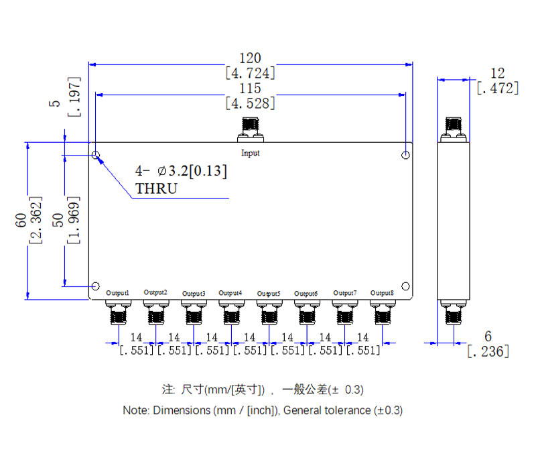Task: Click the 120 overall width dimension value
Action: [x=250, y=58]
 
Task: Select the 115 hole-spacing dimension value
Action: [x=250, y=89]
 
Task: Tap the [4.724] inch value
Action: [x=250, y=73]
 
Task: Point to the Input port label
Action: [x=251, y=153]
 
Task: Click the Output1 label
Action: [x=118, y=294]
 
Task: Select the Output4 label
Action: [x=230, y=294]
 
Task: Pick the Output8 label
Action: [x=383, y=293]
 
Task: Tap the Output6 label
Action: [x=306, y=294]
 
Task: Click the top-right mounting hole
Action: [x=405, y=156]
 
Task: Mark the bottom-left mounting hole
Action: [x=96, y=285]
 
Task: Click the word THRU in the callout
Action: [x=156, y=188]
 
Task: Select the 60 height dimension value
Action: [x=21, y=219]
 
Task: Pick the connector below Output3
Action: [x=194, y=312]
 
